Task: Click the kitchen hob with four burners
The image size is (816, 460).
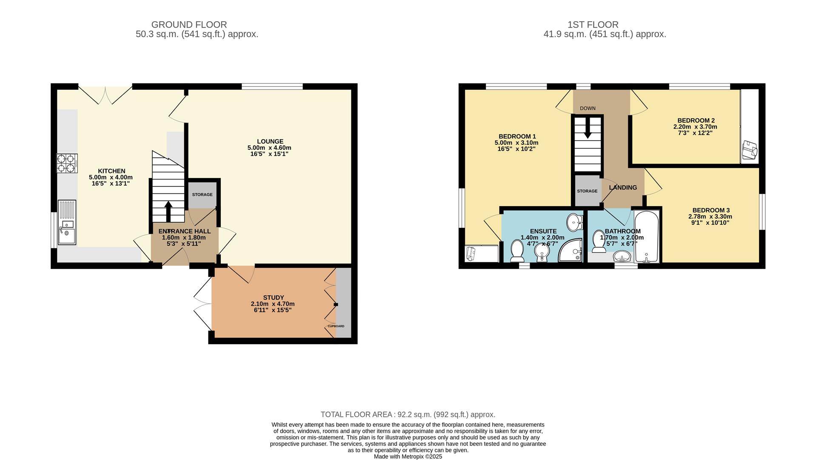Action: pyautogui.click(x=67, y=163)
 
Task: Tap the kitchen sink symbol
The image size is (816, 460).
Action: pyautogui.click(x=67, y=223)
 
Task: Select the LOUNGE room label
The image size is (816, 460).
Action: pyautogui.click(x=270, y=141)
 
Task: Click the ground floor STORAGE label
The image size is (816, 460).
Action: pyautogui.click(x=202, y=195)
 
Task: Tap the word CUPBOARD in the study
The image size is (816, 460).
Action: pyautogui.click(x=336, y=326)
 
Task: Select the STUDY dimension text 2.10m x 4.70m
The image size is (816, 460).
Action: pyautogui.click(x=272, y=304)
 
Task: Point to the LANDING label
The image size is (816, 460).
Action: pyautogui.click(x=622, y=187)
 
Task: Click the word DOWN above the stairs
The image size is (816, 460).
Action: pyautogui.click(x=588, y=108)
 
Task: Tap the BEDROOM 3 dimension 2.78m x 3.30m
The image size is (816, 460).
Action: pyautogui.click(x=710, y=216)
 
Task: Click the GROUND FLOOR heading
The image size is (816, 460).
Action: pyautogui.click(x=189, y=25)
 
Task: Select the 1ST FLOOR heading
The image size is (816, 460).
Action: pyautogui.click(x=593, y=25)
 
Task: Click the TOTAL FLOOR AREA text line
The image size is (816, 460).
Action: pyautogui.click(x=408, y=414)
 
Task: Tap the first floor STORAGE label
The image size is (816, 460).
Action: pyautogui.click(x=587, y=191)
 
